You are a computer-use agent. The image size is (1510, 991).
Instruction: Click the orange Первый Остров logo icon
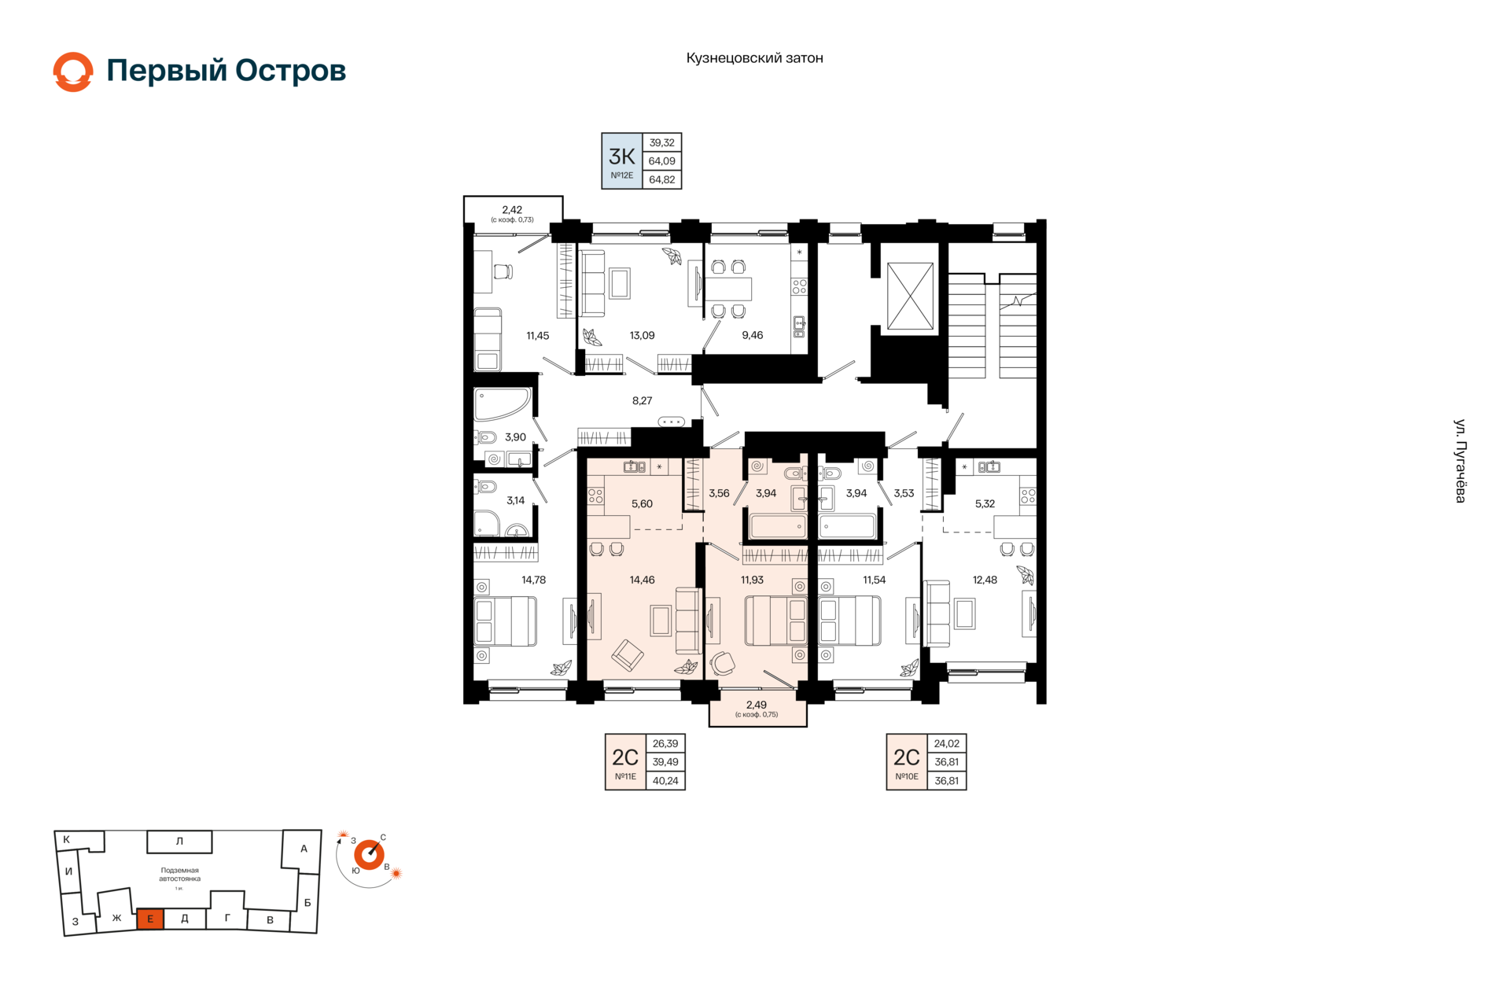(73, 72)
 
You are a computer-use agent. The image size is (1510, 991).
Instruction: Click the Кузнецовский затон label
(754, 58)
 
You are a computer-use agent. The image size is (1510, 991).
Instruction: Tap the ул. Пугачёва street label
(1460, 461)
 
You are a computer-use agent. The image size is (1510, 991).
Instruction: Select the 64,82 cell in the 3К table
(661, 179)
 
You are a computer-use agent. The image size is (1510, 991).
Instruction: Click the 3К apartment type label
(621, 156)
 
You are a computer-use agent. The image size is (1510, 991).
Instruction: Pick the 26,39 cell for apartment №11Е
(665, 743)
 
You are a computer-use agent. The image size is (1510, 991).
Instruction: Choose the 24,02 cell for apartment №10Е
(946, 743)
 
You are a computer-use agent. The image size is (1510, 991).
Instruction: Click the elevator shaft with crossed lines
(910, 296)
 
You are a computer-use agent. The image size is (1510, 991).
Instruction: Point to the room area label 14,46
(642, 580)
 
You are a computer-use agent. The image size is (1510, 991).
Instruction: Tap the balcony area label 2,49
(757, 705)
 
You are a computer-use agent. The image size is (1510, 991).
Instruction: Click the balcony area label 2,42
(512, 209)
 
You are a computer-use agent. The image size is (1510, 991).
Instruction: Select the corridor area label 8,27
(642, 400)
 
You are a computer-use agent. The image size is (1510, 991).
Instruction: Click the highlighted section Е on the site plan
(150, 919)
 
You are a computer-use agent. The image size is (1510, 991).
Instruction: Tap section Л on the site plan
(179, 842)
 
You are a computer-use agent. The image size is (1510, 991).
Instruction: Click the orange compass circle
(369, 854)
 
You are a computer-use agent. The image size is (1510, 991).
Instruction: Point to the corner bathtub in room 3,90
(501, 403)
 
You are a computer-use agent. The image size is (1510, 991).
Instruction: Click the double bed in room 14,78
(505, 621)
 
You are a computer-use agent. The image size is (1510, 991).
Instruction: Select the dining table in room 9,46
(728, 289)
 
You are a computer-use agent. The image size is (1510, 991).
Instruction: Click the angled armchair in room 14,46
(628, 654)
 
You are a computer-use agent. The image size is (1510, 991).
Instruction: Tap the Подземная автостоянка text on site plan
(179, 875)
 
